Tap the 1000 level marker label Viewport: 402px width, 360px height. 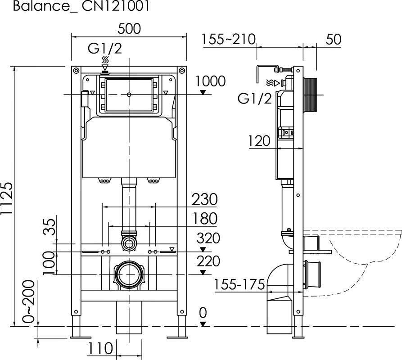coord(211,81)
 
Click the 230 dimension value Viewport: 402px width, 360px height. coord(204,199)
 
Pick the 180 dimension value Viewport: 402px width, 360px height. coord(204,219)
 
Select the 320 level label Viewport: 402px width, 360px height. coord(208,238)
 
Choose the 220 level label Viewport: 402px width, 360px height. coord(208,261)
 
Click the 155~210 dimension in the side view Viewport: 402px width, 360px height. coord(229,39)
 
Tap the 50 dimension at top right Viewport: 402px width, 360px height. coord(333,39)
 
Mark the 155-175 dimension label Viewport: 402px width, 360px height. coord(239,285)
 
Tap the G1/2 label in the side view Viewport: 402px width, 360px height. coord(255,99)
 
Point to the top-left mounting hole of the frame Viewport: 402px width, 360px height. coord(76,71)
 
